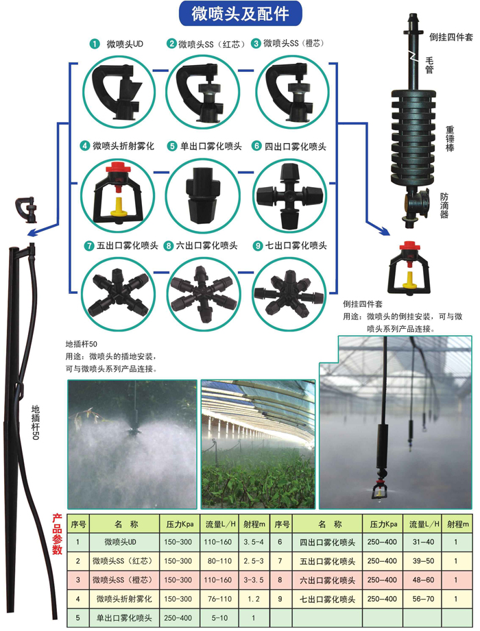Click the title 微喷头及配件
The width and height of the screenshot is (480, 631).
click(240, 13)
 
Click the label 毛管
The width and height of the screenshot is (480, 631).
click(430, 64)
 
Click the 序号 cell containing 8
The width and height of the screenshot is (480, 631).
click(281, 580)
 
